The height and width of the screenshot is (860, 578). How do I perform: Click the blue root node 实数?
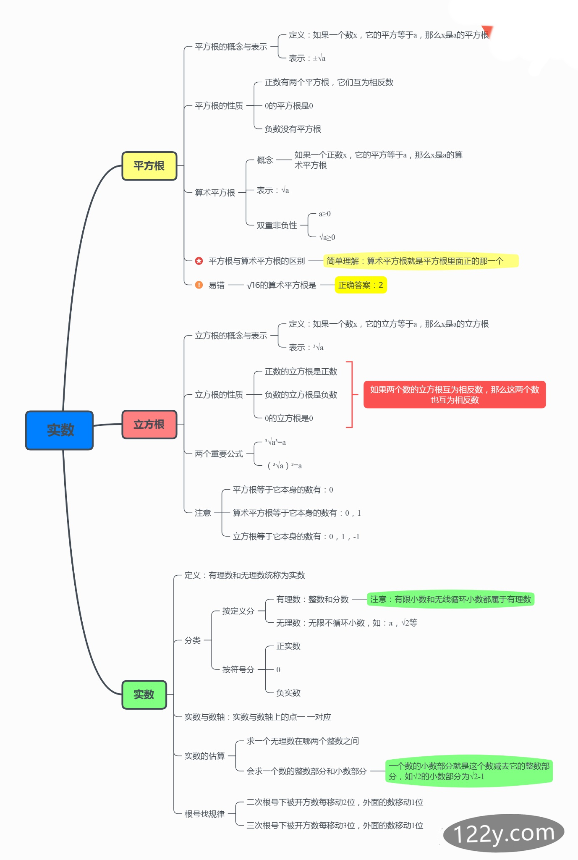(x=59, y=430)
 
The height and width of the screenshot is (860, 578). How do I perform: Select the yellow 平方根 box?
(x=149, y=166)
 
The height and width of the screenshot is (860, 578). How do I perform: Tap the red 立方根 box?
(x=149, y=425)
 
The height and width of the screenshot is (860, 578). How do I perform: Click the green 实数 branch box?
(x=144, y=695)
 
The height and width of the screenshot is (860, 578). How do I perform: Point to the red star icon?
(x=199, y=261)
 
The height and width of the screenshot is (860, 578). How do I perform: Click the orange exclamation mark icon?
(x=199, y=285)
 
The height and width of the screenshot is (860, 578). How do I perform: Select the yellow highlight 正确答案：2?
(x=361, y=285)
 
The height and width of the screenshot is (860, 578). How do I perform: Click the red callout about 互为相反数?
(x=454, y=395)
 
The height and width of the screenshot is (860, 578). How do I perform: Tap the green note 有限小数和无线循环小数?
(x=450, y=599)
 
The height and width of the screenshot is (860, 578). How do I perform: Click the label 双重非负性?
(x=277, y=225)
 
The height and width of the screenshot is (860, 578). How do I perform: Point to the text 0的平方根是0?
(x=289, y=106)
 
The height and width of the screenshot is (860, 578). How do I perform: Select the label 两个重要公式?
(x=219, y=454)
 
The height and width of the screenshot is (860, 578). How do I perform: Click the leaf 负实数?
(x=288, y=693)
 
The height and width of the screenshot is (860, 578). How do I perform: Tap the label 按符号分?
(x=238, y=669)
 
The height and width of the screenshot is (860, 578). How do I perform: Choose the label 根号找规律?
(x=204, y=814)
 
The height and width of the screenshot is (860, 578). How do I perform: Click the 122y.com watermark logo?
(x=503, y=833)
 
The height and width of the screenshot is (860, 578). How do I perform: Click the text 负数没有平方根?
(x=293, y=129)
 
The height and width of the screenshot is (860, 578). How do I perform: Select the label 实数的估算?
(x=204, y=756)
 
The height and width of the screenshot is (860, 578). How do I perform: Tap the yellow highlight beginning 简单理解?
(x=421, y=261)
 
